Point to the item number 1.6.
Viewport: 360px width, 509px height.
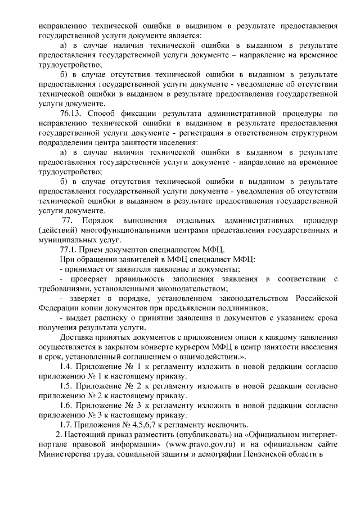pyautogui.click(x=67, y=405)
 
